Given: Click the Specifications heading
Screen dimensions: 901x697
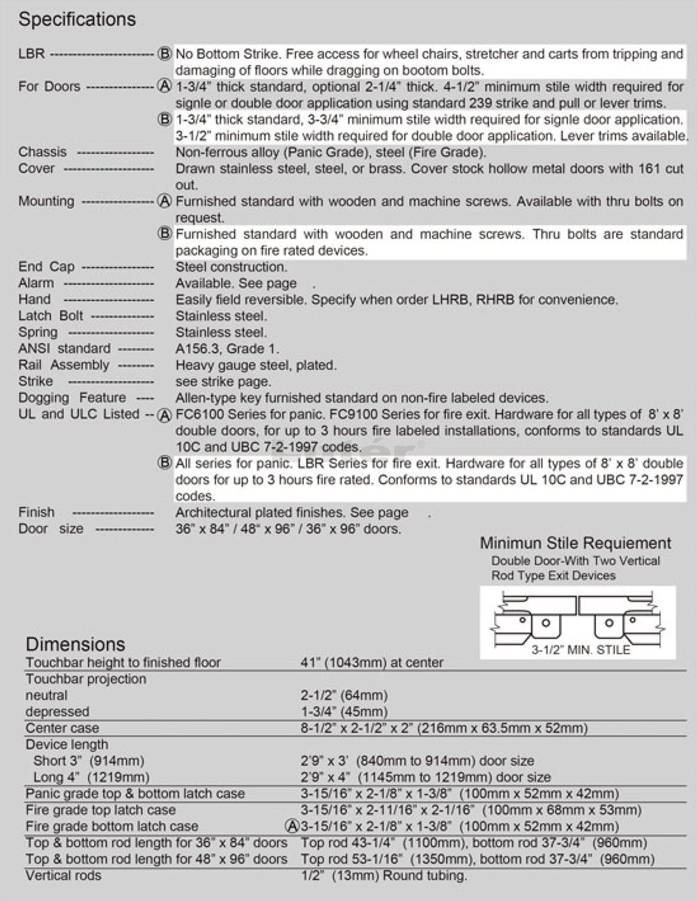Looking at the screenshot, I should point(77,20).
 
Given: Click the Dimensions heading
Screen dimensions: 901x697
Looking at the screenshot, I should point(75,644).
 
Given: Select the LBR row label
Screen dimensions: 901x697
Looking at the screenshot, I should point(31,54).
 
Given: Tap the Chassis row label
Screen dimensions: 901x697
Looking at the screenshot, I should point(43,152).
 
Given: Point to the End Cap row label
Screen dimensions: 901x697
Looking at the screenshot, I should point(46,267).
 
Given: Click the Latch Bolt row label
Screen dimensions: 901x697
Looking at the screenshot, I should point(50,316).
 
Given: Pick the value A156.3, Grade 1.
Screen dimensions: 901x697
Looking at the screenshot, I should point(227,348).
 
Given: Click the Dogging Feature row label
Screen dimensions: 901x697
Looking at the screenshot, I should point(72,398).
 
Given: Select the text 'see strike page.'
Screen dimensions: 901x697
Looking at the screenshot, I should point(223,382).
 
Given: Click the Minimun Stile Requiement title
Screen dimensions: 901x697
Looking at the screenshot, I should point(575,544).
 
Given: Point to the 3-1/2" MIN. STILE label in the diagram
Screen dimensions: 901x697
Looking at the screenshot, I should point(580,650).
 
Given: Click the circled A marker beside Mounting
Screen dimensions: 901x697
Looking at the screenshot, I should point(164,201).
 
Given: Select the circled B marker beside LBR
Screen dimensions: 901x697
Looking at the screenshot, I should point(164,54).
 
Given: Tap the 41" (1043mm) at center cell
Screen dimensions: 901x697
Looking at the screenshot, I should point(372,663).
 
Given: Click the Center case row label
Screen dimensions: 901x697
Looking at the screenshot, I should point(62,728).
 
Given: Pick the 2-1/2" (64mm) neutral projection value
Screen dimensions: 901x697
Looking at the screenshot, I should point(344,695).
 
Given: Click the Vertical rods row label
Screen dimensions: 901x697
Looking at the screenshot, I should point(63,876).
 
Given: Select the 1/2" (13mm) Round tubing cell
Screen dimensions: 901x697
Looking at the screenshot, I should point(383,876).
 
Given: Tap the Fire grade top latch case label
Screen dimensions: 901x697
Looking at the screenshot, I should point(100,810).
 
